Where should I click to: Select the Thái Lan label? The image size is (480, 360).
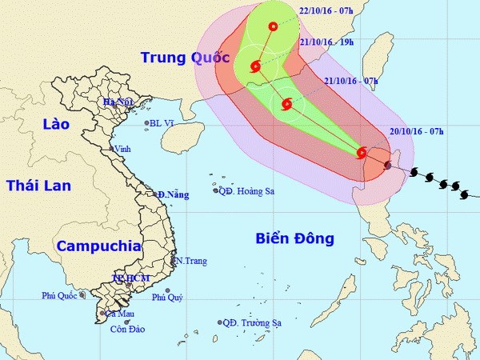point(38,186)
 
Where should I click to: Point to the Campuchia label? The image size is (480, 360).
point(98,246)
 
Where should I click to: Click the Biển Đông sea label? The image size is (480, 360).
point(294,238)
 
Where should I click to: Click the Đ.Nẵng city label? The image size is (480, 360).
point(173,194)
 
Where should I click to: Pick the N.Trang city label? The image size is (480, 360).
point(192,261)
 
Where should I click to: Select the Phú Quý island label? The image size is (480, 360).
point(167,297)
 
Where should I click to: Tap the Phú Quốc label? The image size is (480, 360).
point(58,296)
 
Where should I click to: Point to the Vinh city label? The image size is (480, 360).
point(122,149)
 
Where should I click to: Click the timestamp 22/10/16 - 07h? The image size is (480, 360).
point(321,11)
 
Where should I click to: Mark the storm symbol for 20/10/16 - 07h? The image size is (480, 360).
point(362,153)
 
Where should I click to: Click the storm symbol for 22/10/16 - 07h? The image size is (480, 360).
point(274,26)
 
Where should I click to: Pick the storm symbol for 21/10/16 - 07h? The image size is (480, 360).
point(286,104)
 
